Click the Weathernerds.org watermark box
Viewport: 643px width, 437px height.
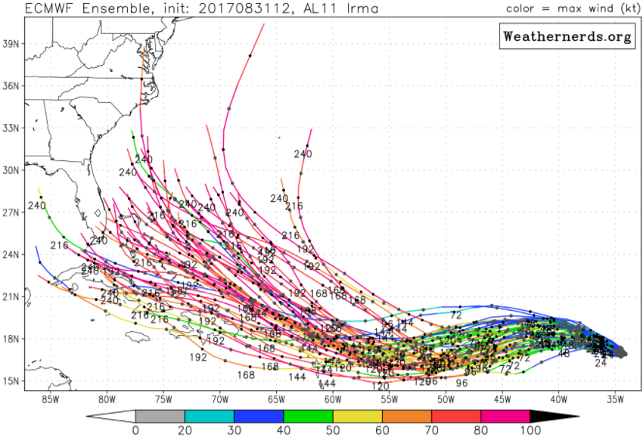point(567,36)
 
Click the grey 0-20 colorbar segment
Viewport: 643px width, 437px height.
point(160,416)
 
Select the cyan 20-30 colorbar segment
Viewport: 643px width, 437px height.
point(210,416)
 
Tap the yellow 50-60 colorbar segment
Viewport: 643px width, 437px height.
point(358,416)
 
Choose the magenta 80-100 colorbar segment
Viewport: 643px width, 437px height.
point(505,416)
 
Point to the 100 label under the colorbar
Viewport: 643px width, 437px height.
point(530,430)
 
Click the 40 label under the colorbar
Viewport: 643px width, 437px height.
point(283,430)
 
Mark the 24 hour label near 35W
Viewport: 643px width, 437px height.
point(601,363)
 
